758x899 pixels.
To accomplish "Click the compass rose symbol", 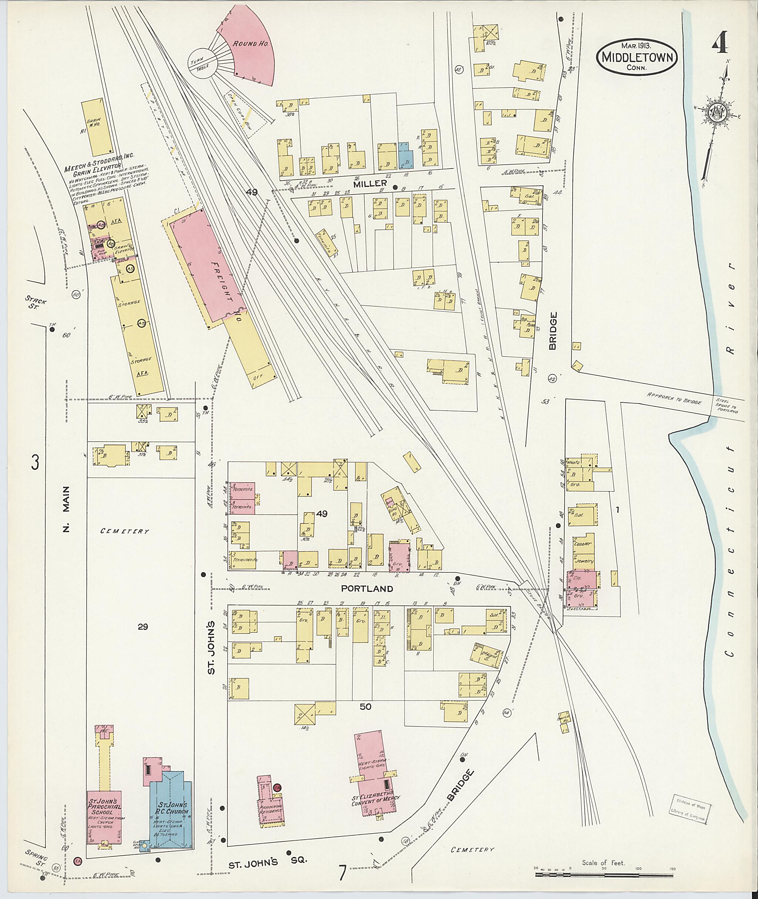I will click(716, 114).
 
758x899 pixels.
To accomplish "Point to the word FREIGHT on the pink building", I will click(222, 281).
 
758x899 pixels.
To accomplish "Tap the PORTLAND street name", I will click(366, 589).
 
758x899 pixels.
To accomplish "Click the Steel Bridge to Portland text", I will click(727, 406).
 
